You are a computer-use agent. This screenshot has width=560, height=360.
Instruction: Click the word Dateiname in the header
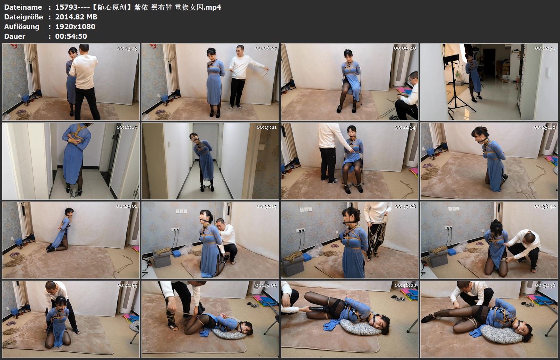point(23,7)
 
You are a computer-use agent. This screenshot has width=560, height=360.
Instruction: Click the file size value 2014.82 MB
point(76,17)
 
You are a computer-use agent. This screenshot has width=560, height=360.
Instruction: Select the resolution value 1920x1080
point(75,26)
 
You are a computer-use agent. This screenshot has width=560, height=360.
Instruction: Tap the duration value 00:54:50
point(71,36)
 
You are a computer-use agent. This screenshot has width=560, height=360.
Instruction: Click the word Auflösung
point(22,26)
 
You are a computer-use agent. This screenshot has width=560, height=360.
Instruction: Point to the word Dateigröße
point(24,17)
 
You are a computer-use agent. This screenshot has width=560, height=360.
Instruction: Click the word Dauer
point(15,36)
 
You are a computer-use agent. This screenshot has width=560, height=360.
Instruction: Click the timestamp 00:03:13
point(127,48)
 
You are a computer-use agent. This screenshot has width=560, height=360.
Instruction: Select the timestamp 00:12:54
point(545,48)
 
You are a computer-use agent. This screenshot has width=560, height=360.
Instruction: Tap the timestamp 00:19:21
point(266,127)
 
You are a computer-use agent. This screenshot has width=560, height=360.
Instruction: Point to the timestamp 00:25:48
point(545,127)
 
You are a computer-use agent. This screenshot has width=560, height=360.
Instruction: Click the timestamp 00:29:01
point(127,206)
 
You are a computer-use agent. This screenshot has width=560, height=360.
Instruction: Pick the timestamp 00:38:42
point(545,206)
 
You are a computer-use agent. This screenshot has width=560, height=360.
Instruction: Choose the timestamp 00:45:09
point(266,285)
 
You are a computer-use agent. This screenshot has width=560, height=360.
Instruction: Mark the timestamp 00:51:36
point(545,285)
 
